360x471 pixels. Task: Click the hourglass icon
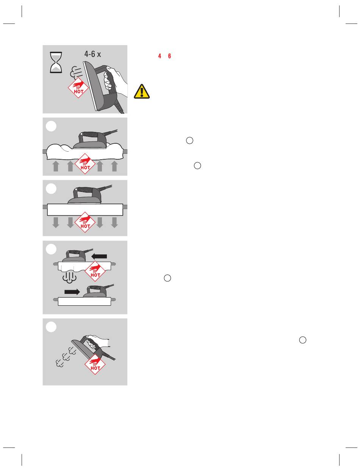coord(56,62)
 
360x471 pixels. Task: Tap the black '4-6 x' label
coord(92,54)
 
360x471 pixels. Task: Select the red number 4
coord(160,56)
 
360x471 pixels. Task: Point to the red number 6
coord(169,56)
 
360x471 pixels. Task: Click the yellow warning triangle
coord(142,91)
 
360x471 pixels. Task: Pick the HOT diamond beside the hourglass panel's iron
coord(78,88)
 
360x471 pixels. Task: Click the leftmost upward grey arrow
coord(56,166)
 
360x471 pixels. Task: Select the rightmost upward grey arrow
coord(114,166)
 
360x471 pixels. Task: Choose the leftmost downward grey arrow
coord(56,223)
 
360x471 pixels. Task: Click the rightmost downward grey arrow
coord(114,223)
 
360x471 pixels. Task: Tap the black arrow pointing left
coord(99,256)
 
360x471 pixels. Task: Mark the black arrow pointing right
coord(72,292)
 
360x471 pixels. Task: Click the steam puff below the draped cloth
coord(69,277)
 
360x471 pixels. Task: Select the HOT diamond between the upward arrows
coord(85,163)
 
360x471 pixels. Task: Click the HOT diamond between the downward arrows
coord(85,222)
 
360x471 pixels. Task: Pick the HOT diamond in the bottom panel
coord(95,364)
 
